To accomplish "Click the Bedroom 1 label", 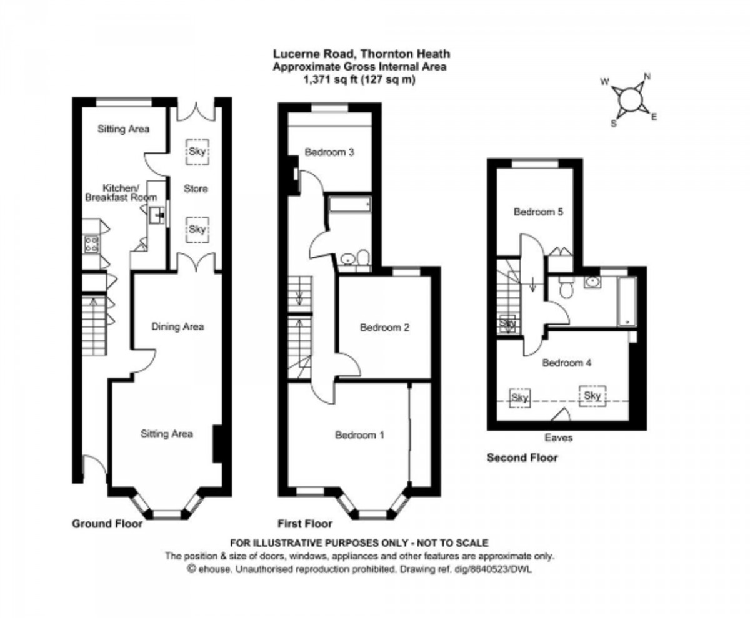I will (359, 435).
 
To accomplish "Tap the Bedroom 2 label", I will (384, 327).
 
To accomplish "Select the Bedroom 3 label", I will (329, 152).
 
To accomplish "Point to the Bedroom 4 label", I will (566, 362).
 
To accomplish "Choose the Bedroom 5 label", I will (539, 212).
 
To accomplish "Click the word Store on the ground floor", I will (196, 189).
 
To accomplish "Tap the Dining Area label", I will (178, 326).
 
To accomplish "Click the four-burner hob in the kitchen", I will (90, 243).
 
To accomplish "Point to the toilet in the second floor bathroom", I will (566, 289).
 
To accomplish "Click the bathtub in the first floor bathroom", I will (350, 205).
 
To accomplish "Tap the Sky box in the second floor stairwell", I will (507, 325).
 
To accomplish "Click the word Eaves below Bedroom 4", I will (558, 438).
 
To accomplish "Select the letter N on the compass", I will (647, 77).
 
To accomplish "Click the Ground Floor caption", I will (107, 524).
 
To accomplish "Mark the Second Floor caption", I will (522, 458).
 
